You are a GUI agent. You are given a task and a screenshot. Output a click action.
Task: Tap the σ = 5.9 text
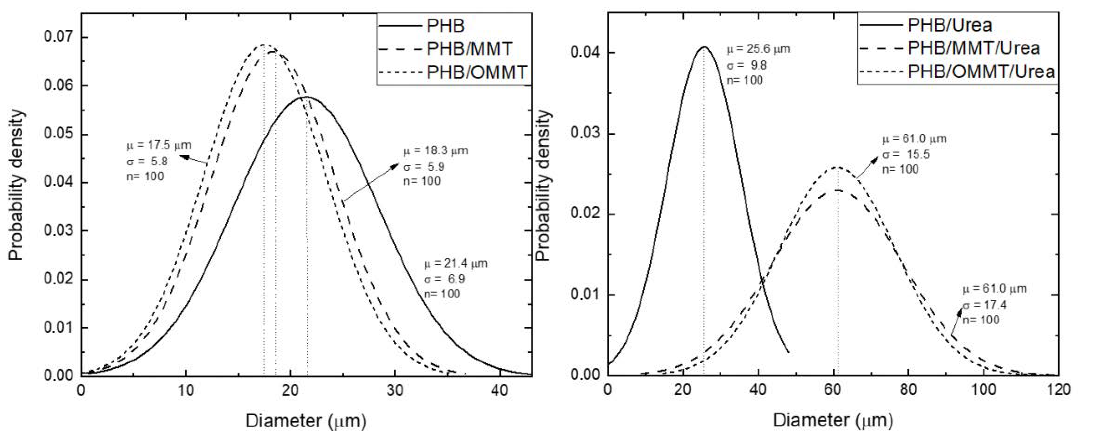tap(424, 166)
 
